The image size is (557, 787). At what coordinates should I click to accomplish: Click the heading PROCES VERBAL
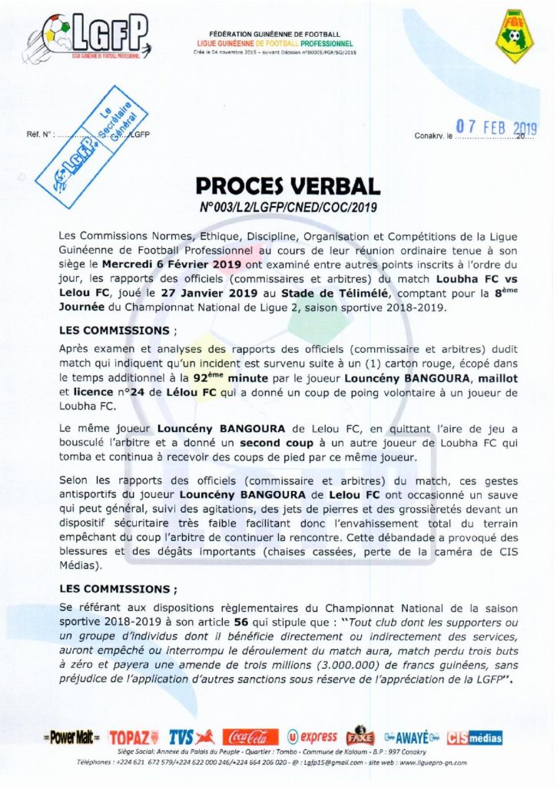coord(288,187)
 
